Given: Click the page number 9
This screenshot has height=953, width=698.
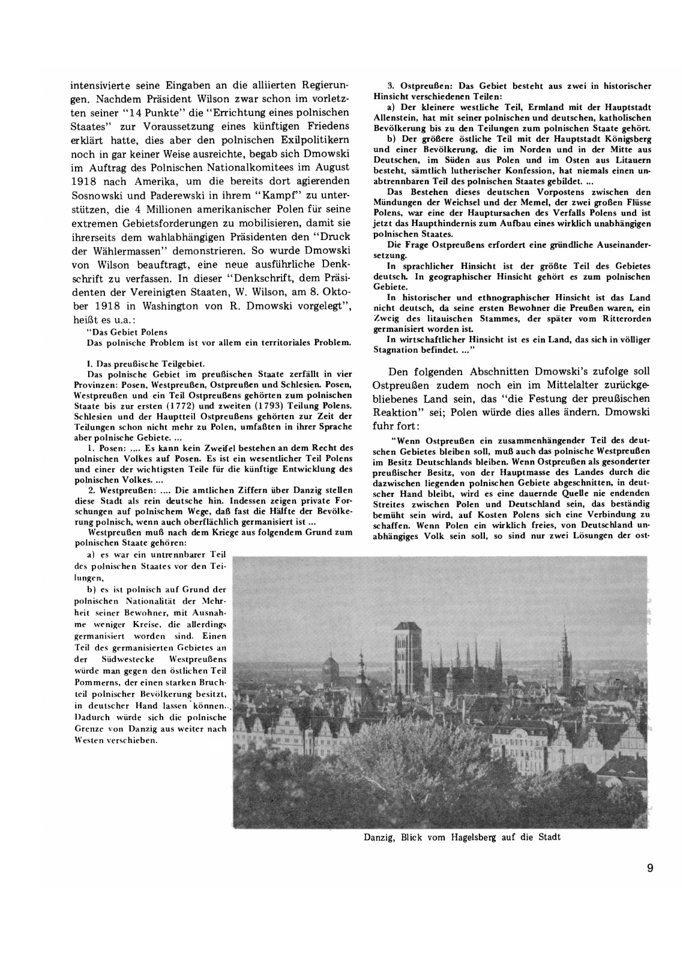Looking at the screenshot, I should coord(650,868).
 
